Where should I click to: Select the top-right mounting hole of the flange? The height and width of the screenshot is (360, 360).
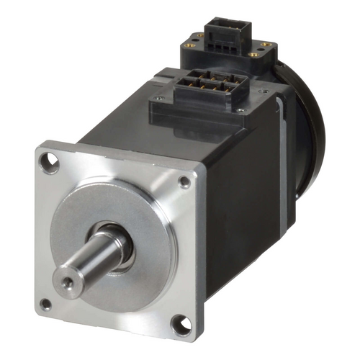(185, 182)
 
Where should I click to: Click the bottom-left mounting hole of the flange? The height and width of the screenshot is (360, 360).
(45, 304)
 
